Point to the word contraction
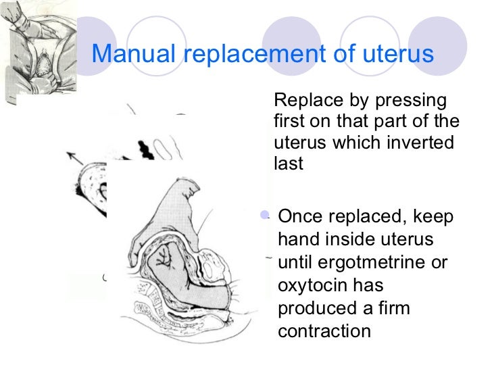click(324, 331)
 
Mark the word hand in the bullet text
click(297, 240)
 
